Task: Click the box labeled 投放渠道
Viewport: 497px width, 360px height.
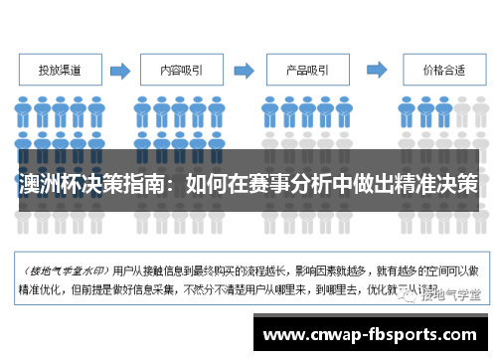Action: (61, 71)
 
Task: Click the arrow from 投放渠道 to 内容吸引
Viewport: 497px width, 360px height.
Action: (120, 71)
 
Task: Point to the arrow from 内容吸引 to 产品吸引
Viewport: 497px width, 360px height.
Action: (244, 71)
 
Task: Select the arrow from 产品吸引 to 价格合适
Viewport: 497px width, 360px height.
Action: (370, 71)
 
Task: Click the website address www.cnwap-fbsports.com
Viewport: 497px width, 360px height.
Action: (373, 335)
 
